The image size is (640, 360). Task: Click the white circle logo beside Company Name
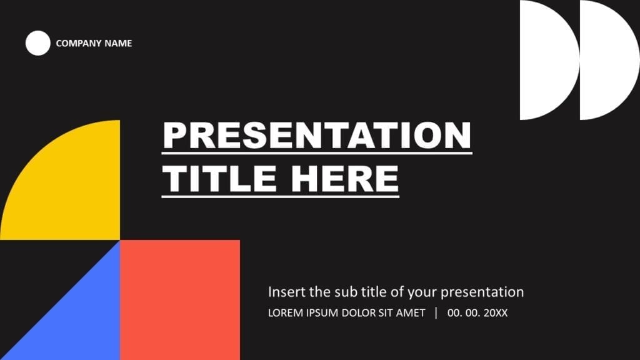(37, 43)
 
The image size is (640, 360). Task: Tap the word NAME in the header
(118, 44)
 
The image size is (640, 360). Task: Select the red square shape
(180, 300)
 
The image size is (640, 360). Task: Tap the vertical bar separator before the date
(436, 312)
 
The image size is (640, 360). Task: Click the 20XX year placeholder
(496, 312)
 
